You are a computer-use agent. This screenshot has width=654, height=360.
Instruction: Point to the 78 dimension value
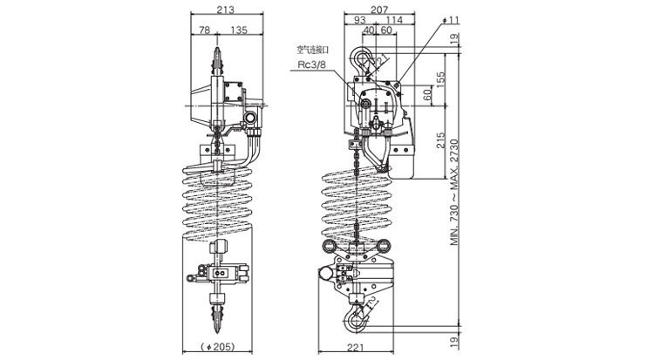coord(203,31)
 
